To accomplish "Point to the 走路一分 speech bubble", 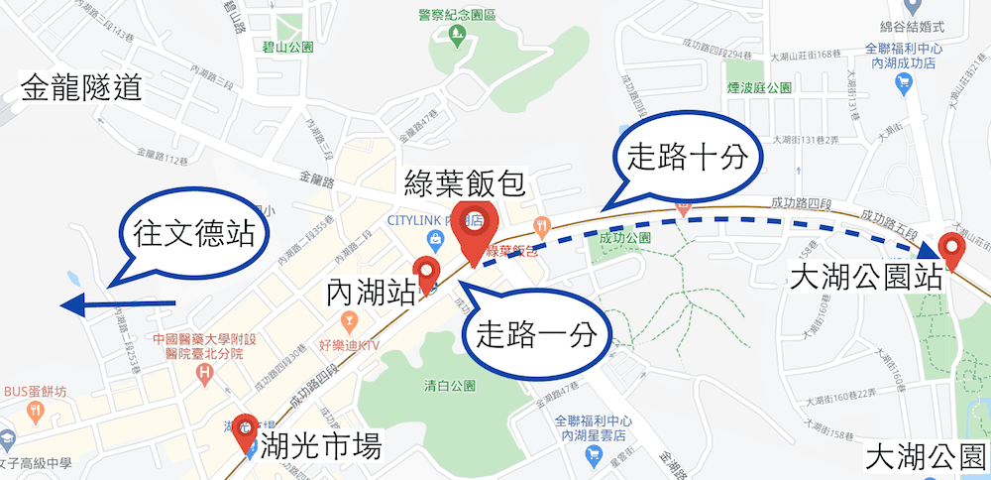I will pos(536,333).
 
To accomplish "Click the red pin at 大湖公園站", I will pos(953,250).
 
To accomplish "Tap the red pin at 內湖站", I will pos(427,274).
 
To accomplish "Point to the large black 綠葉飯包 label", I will pos(465,183).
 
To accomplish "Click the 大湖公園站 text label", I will pos(866,277).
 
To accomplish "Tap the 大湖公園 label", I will pos(926,457).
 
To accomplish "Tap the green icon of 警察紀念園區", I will pos(457,37).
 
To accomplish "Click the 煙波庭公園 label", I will pos(760,87).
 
